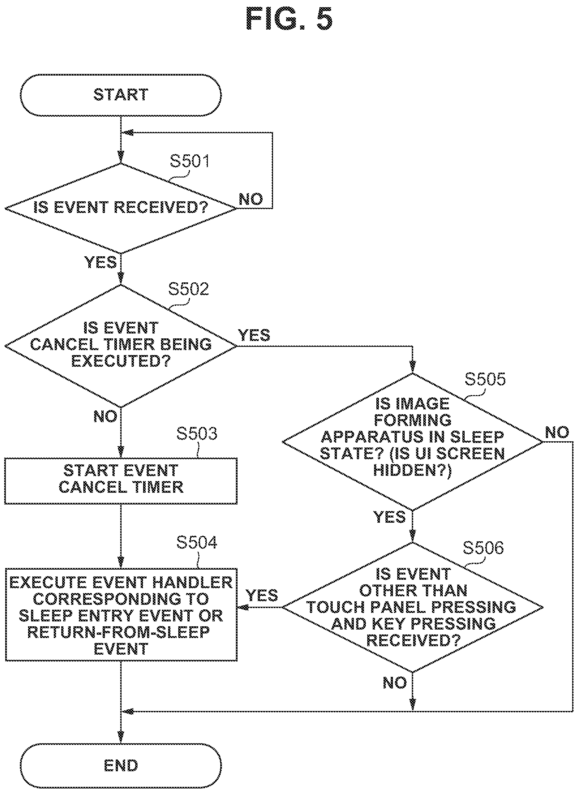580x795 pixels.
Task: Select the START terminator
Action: tap(121, 95)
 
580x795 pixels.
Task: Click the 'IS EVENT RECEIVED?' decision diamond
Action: tap(121, 208)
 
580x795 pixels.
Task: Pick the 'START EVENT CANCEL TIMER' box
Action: tap(121, 481)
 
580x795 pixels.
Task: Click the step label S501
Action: tap(190, 161)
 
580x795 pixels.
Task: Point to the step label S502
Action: tap(189, 289)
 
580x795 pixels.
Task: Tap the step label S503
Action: tap(196, 433)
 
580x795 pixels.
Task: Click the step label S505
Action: tap(485, 379)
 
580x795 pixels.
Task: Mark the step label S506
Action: tap(484, 548)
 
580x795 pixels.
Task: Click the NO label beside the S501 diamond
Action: tap(251, 199)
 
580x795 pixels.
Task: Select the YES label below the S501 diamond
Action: tap(101, 263)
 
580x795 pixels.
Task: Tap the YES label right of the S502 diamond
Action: tap(254, 335)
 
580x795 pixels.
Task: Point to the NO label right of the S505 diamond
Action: tap(557, 433)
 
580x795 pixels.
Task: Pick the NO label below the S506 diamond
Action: tap(395, 683)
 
